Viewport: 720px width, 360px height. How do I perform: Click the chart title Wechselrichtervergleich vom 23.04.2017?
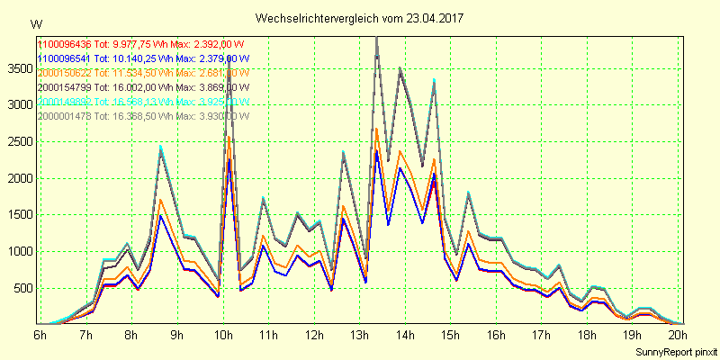click(x=360, y=18)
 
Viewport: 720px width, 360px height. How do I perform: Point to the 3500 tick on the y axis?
click(x=19, y=67)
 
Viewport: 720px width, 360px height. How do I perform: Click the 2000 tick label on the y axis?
click(x=19, y=178)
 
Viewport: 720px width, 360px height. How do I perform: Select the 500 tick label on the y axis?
click(x=22, y=288)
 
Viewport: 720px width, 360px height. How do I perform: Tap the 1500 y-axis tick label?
click(x=19, y=215)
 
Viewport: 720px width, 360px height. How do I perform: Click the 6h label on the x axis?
click(x=40, y=335)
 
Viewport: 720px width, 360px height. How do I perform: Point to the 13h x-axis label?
click(x=359, y=335)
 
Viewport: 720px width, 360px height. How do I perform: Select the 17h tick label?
click(x=542, y=335)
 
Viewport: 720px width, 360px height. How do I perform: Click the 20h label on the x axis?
click(x=679, y=335)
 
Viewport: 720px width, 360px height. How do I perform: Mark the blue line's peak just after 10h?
click(x=229, y=160)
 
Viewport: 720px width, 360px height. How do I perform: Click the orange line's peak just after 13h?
click(x=376, y=129)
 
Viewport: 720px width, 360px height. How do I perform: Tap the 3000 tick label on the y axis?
click(x=19, y=104)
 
